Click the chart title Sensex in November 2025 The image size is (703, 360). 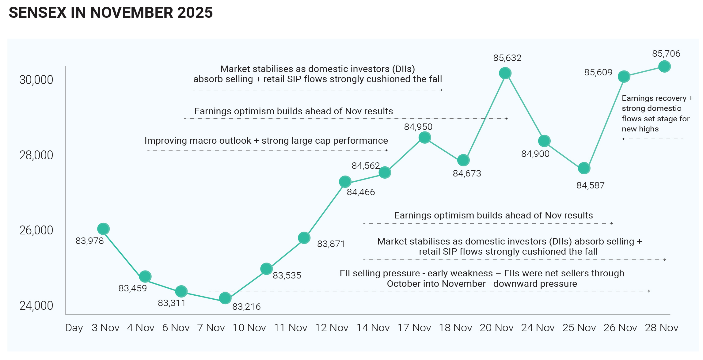point(111,13)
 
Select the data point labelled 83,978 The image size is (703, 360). point(103,229)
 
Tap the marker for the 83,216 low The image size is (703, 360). point(225,298)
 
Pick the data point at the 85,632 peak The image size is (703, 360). point(505,73)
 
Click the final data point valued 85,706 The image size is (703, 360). point(664,66)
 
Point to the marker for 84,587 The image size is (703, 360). point(584,168)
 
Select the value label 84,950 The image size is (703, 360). point(418,127)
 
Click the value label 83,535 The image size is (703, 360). point(287,275)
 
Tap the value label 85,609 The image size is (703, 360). point(598,72)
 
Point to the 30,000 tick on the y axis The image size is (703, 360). point(36,80)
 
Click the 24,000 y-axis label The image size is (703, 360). point(36,306)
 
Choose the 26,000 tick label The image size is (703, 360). point(36,230)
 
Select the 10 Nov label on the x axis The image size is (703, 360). point(249,328)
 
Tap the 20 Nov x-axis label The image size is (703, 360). point(496,328)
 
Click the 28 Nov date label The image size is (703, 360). point(662,328)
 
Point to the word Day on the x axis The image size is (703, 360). point(74,328)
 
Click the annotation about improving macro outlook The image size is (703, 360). point(266,141)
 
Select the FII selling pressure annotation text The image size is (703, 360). point(482,278)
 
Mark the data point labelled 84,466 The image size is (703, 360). point(345,182)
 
